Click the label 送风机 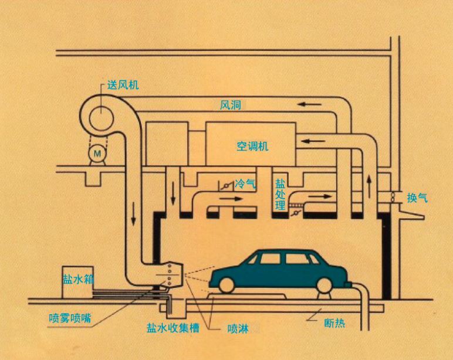tap(124, 86)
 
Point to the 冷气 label tap(245, 185)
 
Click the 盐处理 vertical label tap(280, 193)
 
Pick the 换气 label tap(417, 198)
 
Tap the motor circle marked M tap(96, 154)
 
